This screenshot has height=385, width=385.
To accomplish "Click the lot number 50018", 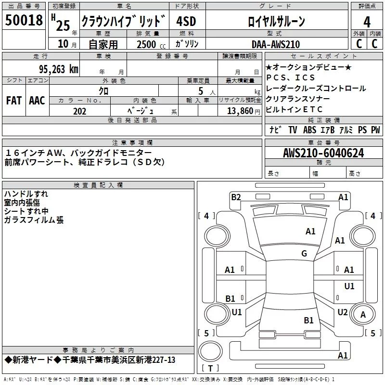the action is (24, 21).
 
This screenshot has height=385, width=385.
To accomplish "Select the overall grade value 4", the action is (367, 22).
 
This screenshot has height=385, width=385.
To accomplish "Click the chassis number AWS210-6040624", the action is (323, 154).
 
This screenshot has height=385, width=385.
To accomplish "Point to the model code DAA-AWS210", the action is (276, 44).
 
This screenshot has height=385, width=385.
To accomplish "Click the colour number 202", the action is (79, 111).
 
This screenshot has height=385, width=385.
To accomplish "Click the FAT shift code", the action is (13, 101).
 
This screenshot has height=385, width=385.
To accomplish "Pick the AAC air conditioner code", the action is (37, 101).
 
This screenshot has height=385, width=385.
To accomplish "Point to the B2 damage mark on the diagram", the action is (236, 197).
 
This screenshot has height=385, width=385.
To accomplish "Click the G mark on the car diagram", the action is (304, 254).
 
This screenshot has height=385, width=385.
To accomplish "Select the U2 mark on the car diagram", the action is (342, 312).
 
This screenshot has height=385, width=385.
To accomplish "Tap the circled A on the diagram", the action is (363, 314).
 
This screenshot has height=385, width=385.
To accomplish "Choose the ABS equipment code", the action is (309, 130).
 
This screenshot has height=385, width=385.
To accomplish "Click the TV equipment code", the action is (293, 130).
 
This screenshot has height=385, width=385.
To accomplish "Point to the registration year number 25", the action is (63, 25).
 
